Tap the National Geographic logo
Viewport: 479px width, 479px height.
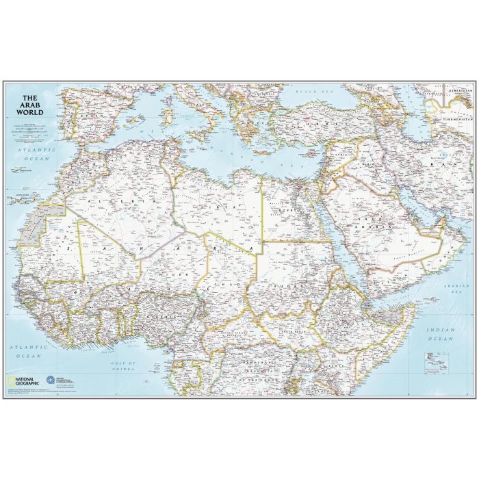click(24, 378)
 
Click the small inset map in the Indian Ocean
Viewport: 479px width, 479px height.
click(432, 359)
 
